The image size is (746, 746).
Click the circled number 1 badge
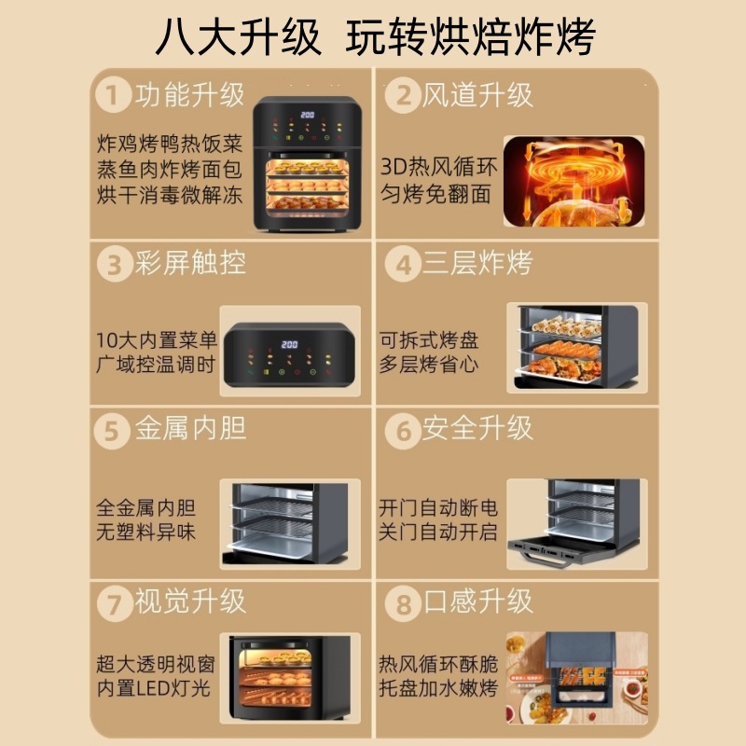(113, 94)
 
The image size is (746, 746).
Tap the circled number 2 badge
(403, 95)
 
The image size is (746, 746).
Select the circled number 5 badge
(112, 431)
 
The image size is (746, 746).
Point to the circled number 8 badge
(403, 603)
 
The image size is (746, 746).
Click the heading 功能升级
(190, 95)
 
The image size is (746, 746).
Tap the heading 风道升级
(477, 95)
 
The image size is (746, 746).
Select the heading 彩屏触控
(190, 263)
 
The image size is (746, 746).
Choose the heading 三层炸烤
(477, 263)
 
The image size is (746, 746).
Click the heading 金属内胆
(190, 428)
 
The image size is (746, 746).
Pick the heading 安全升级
(477, 428)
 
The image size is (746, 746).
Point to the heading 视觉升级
(190, 601)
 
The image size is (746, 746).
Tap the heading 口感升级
(477, 601)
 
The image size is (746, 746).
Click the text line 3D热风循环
(438, 167)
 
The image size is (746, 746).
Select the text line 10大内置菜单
(157, 340)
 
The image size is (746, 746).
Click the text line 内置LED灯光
(153, 688)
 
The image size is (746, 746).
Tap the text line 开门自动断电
(438, 507)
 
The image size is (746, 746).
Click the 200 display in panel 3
(289, 344)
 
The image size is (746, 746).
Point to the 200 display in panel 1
(308, 115)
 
